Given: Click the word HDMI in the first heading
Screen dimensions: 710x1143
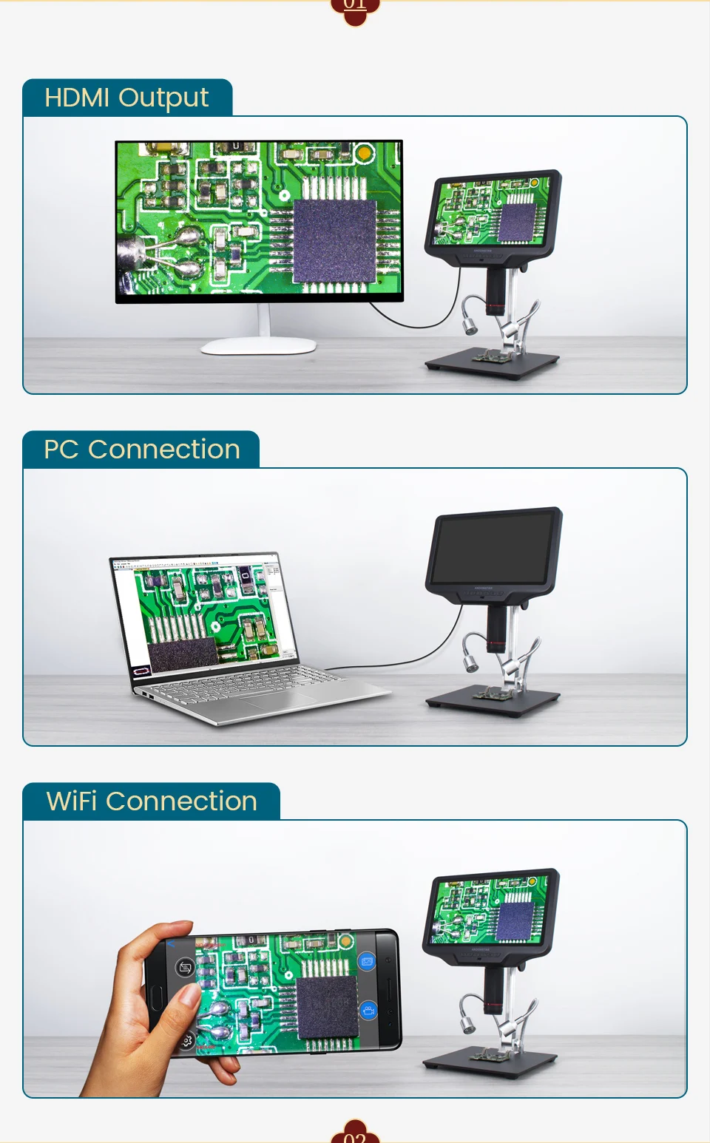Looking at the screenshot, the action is click(x=77, y=98).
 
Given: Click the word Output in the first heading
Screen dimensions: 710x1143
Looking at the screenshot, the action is click(x=163, y=98).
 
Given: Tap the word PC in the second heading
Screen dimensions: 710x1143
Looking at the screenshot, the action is click(x=61, y=450).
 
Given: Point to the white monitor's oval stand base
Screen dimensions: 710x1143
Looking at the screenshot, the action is click(x=259, y=345).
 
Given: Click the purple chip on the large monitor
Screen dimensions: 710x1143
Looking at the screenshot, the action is click(x=336, y=240).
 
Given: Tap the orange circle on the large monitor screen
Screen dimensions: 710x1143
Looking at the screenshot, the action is click(x=363, y=153).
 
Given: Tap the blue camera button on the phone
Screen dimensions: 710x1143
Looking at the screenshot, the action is click(x=367, y=961).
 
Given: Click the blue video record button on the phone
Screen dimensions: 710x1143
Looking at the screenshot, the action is click(x=368, y=1010).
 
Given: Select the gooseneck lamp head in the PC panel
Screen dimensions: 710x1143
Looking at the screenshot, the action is click(x=470, y=663).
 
